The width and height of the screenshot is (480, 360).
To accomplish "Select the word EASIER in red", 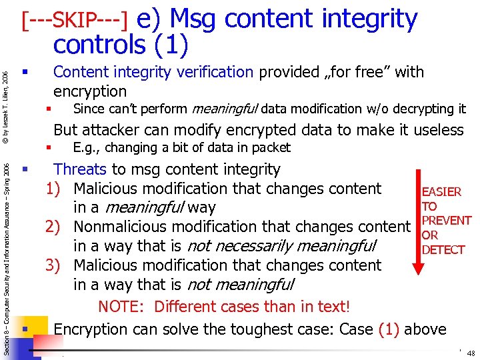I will (441, 192).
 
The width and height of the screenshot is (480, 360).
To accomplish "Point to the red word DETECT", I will (443, 250).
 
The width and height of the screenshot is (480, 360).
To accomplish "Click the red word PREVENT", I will (447, 221).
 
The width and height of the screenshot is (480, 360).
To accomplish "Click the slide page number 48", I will (471, 353).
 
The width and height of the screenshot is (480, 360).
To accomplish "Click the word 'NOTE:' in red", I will (123, 307).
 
